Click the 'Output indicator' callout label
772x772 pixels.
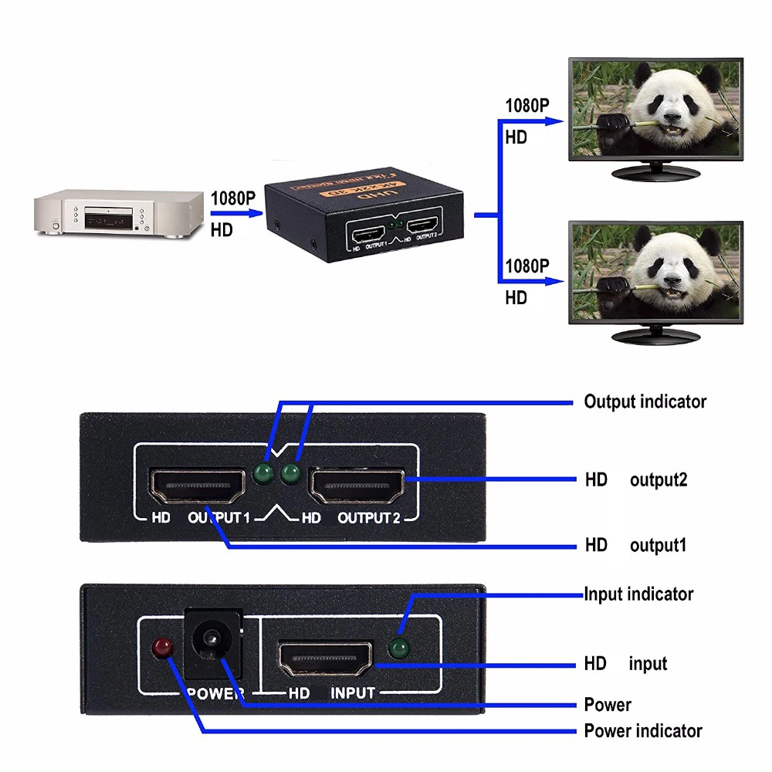coord(645,401)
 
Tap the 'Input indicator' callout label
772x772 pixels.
coord(638,594)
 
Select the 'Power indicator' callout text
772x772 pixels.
coord(643,731)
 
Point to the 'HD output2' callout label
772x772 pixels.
coord(635,480)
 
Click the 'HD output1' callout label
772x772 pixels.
coord(635,546)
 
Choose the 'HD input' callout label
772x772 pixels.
coord(625,664)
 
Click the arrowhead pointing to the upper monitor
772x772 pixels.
coord(557,121)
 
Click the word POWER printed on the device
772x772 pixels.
coord(215,693)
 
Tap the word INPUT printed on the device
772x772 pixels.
coord(353,693)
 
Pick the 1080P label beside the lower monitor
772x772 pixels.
coord(527,267)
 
